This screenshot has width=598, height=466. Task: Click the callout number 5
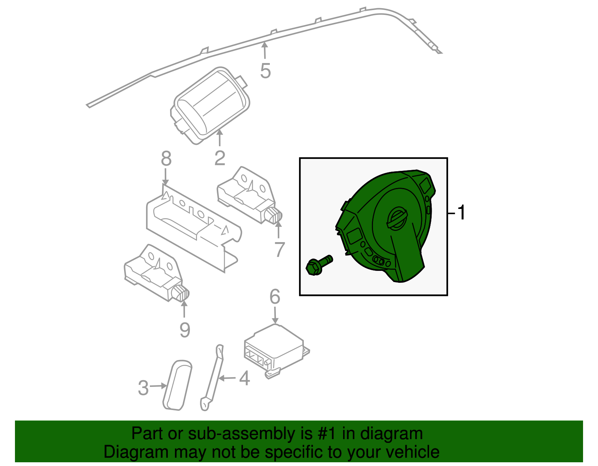coord(265,71)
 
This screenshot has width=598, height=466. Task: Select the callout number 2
coord(220,158)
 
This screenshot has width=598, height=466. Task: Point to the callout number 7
coord(280,250)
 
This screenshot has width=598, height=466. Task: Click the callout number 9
coord(185,330)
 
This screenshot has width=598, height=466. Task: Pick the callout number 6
coord(275,297)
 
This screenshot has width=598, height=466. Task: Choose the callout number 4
coord(244,378)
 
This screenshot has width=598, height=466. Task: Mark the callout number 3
coord(143,388)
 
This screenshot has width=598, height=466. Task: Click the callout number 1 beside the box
coord(462,213)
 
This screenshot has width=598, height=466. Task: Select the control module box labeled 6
coord(275,349)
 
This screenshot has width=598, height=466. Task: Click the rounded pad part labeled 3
coord(178,385)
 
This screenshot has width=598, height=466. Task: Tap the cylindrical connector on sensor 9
coord(182,294)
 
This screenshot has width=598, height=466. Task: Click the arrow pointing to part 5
coord(265,50)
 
